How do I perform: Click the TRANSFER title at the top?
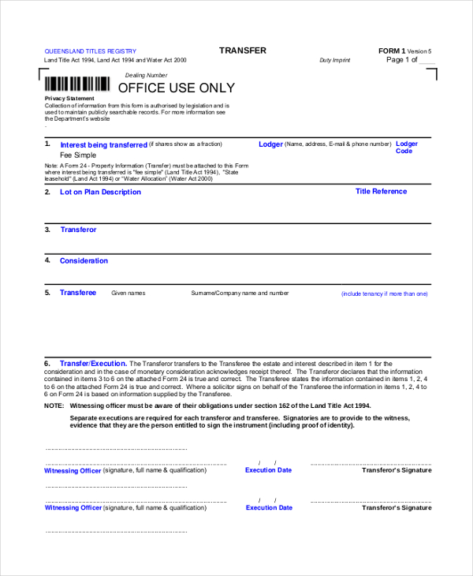click(243, 50)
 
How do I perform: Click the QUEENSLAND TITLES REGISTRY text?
click(90, 51)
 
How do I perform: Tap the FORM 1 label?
click(392, 50)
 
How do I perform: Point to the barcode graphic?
click(76, 84)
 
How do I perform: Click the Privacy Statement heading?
click(69, 99)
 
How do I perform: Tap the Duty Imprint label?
click(335, 61)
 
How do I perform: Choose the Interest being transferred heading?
click(103, 145)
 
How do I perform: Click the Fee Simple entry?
click(78, 155)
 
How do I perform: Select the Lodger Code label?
click(406, 148)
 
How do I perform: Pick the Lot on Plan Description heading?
click(100, 192)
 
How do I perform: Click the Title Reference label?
click(381, 191)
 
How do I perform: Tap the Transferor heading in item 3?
click(78, 230)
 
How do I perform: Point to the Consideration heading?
click(84, 260)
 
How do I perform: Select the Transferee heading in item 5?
click(78, 293)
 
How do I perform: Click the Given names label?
click(128, 294)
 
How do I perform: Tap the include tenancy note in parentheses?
click(384, 294)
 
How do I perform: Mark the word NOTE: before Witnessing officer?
click(54, 406)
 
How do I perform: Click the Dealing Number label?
click(147, 75)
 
